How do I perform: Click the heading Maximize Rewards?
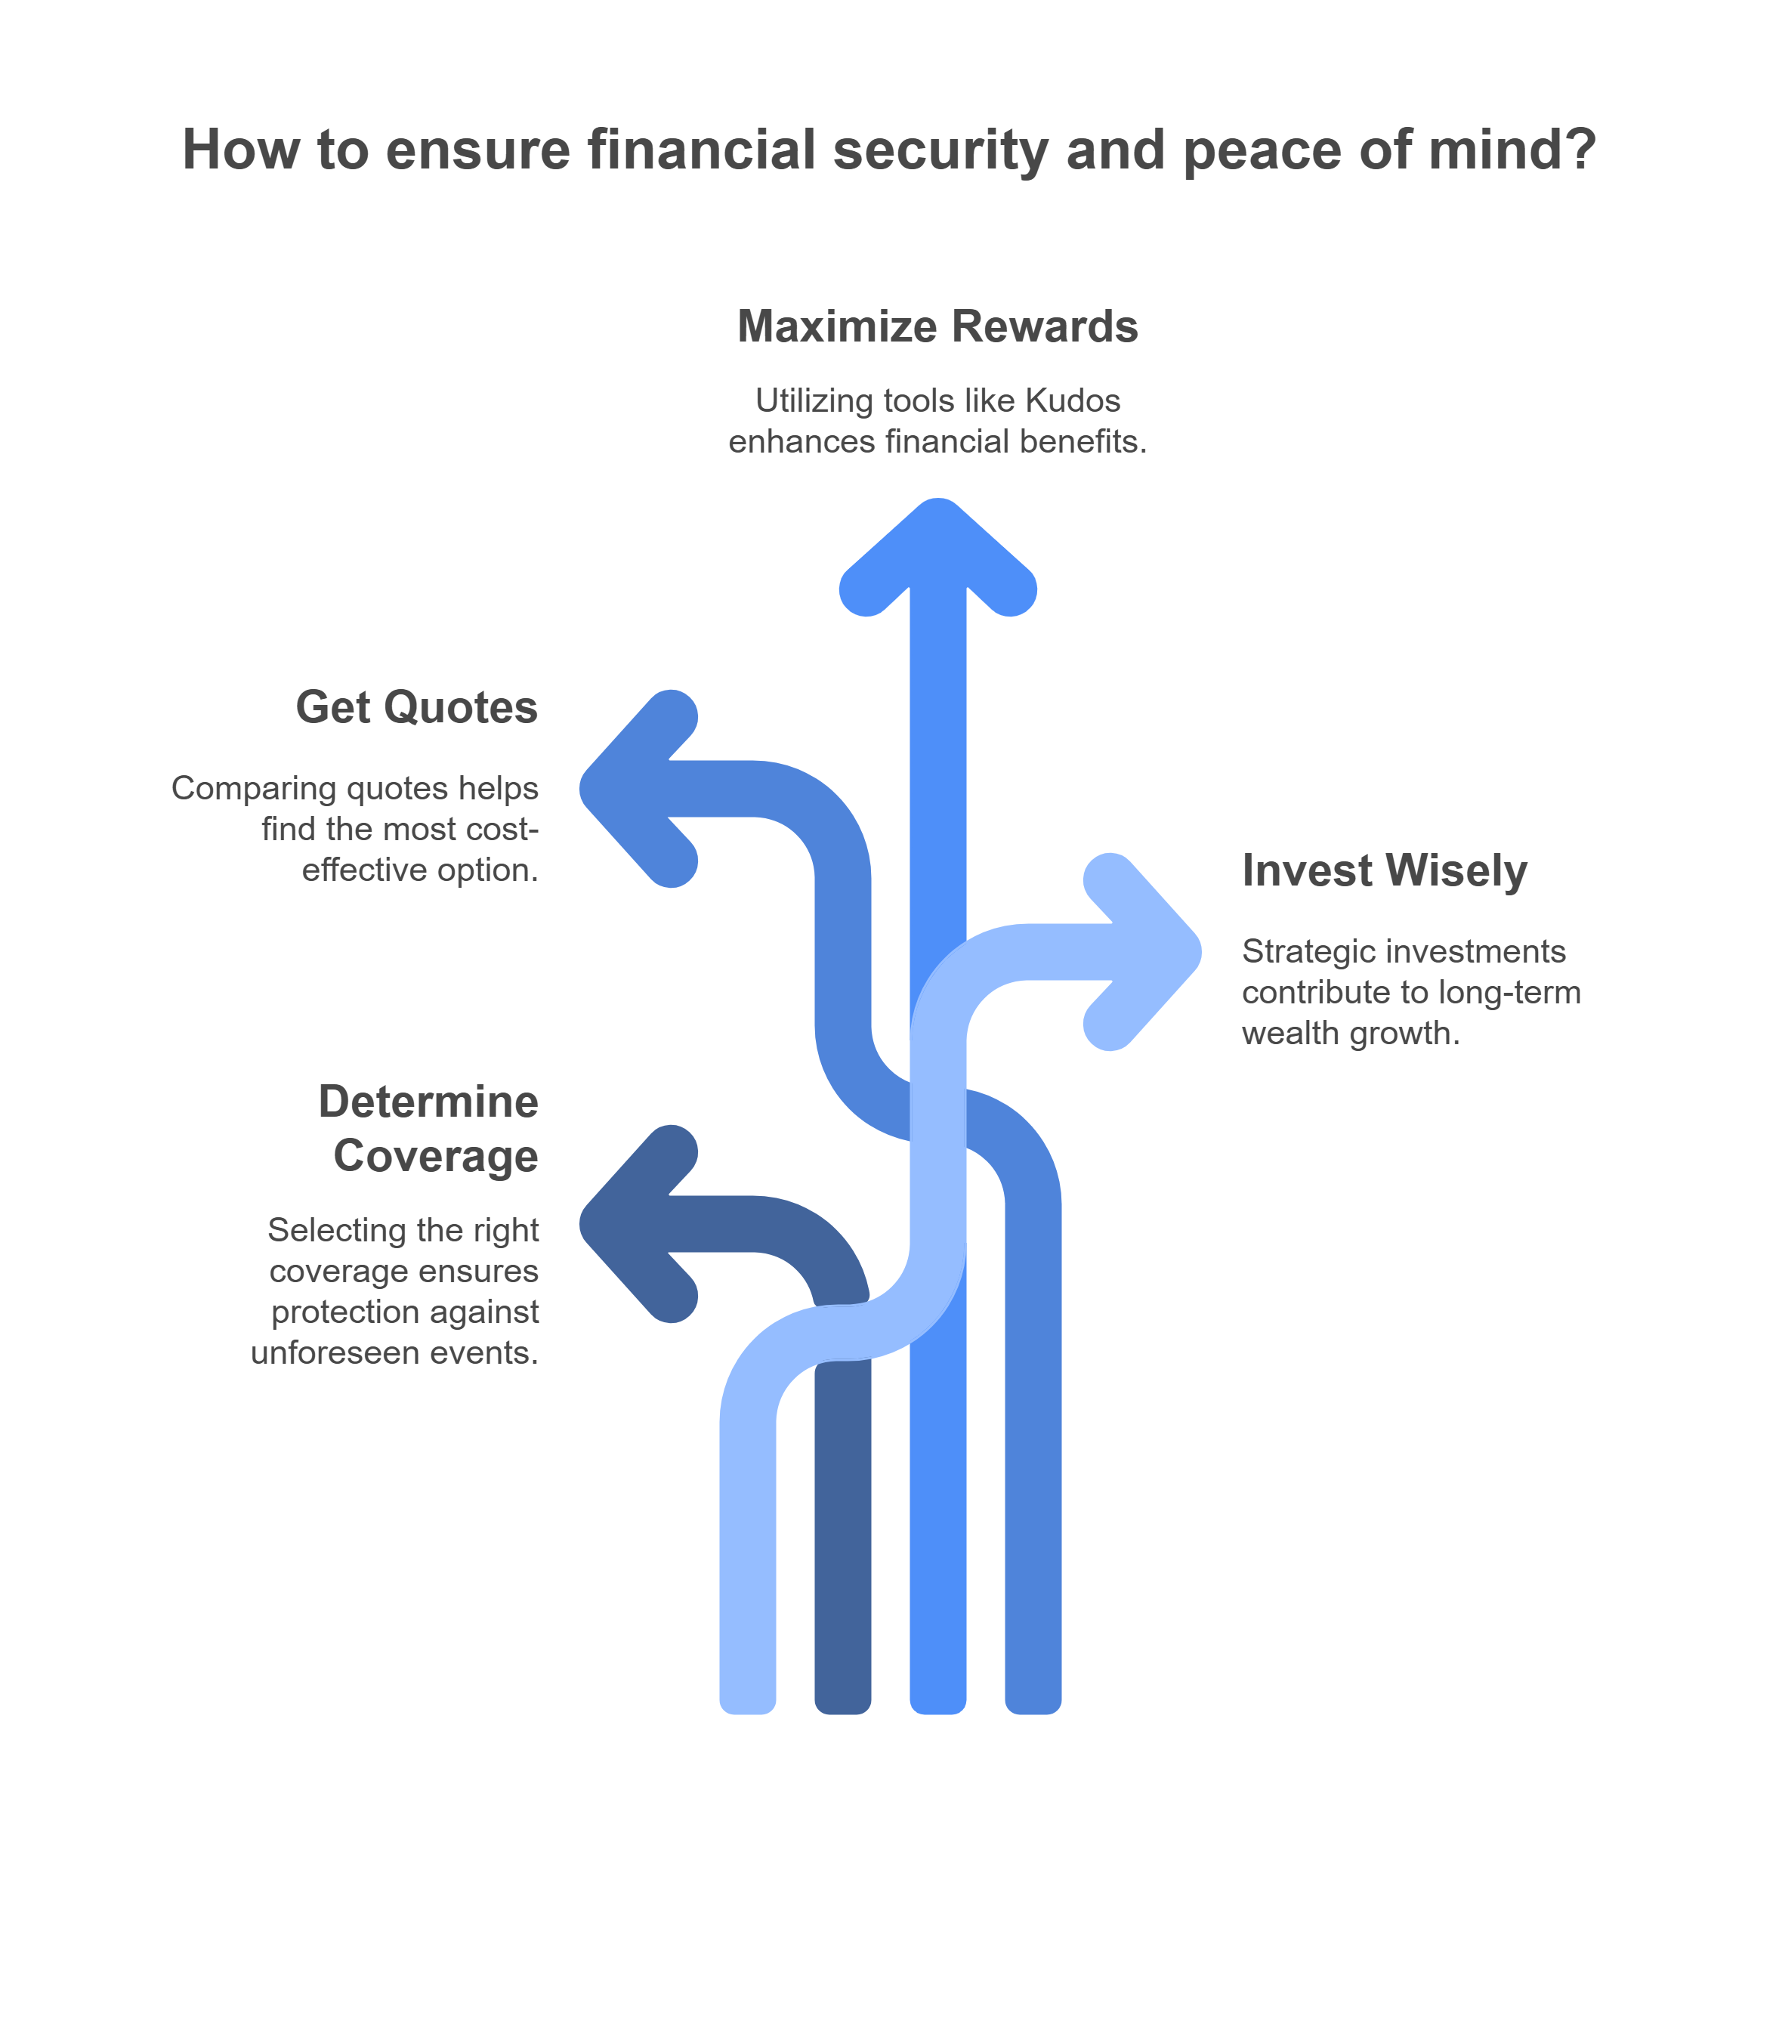[x=937, y=326]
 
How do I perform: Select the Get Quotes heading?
[x=416, y=708]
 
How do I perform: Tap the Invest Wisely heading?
[x=1384, y=870]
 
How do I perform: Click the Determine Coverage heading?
[x=429, y=1129]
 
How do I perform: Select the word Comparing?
[x=254, y=788]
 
